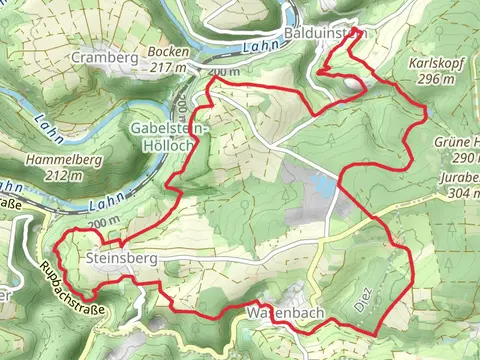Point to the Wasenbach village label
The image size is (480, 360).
pyautogui.click(x=283, y=314)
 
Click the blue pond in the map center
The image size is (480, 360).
pyautogui.click(x=322, y=184)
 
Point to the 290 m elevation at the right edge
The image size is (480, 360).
pyautogui.click(x=465, y=158)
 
